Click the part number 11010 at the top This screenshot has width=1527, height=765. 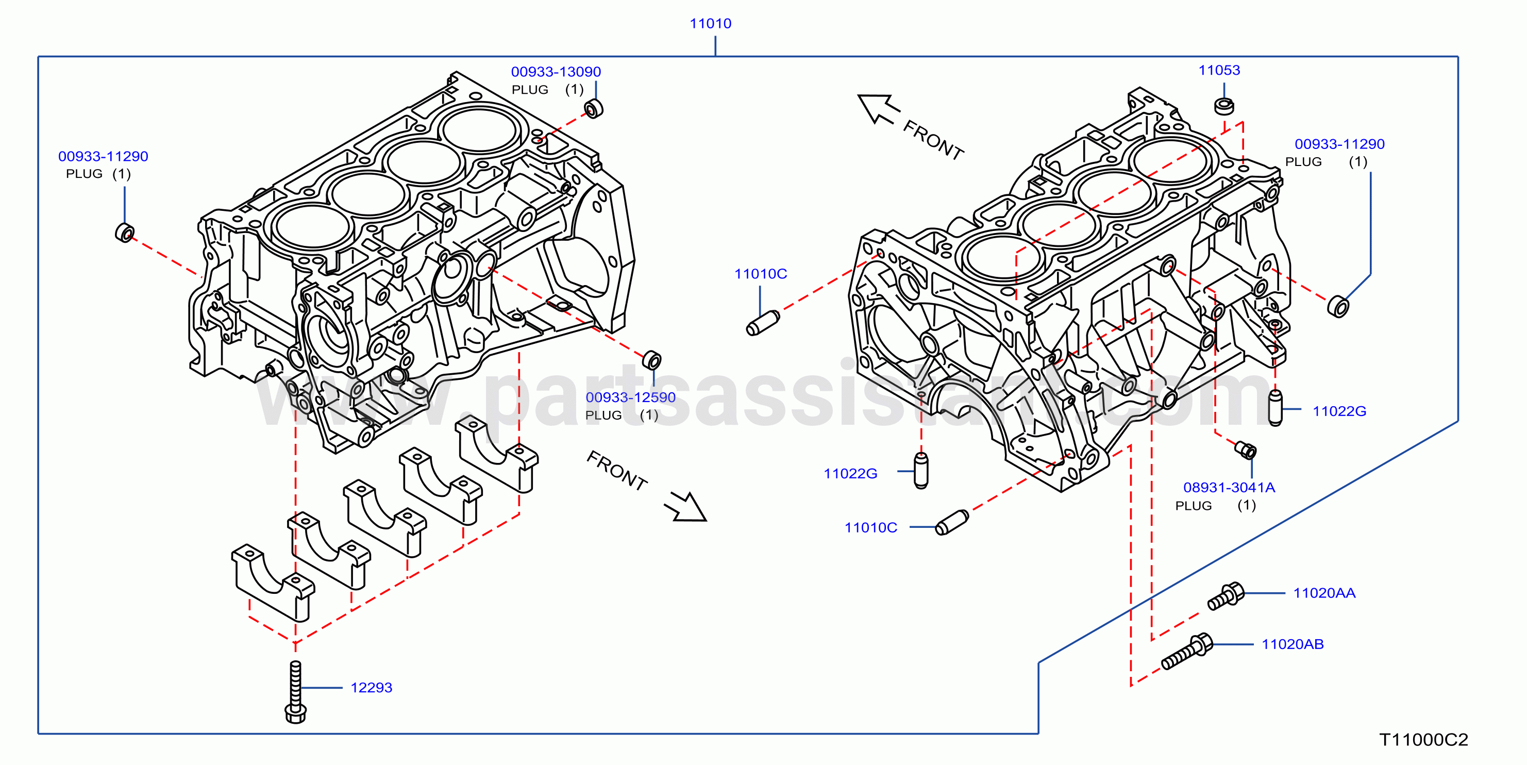point(710,23)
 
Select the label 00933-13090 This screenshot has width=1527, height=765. point(556,72)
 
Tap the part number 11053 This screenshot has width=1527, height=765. point(1219,70)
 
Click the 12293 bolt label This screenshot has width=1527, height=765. point(371,687)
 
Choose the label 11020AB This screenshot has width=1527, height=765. point(1293,644)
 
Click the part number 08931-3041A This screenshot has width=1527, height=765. point(1229,488)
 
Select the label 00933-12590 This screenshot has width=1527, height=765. point(630,397)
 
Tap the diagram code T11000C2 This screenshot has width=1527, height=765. point(1423,740)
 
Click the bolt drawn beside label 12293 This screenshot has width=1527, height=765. point(295,692)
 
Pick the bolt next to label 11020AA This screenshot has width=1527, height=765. point(1226,595)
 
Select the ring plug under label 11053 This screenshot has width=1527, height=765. point(1223,106)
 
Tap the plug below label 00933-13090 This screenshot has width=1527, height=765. point(593,109)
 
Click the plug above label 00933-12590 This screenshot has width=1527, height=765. point(651,360)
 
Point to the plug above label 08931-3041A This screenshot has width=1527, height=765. point(1245,450)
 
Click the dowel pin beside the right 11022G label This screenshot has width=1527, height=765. point(1274,407)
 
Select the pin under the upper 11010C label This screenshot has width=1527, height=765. point(762,323)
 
